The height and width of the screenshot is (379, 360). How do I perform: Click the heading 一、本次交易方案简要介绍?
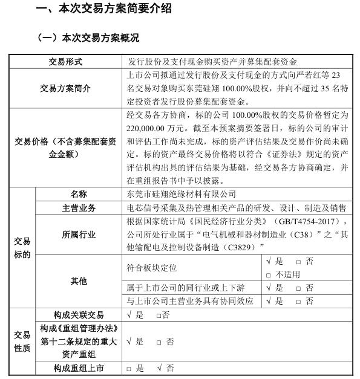tap(103, 9)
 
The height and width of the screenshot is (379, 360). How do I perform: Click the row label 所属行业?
tap(79, 234)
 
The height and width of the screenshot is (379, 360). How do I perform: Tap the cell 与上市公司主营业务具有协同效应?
tap(189, 300)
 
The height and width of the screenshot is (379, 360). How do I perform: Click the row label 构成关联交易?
tap(79, 314)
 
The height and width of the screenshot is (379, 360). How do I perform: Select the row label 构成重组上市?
tap(79, 368)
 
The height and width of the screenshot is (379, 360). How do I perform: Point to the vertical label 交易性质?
tap(22, 341)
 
